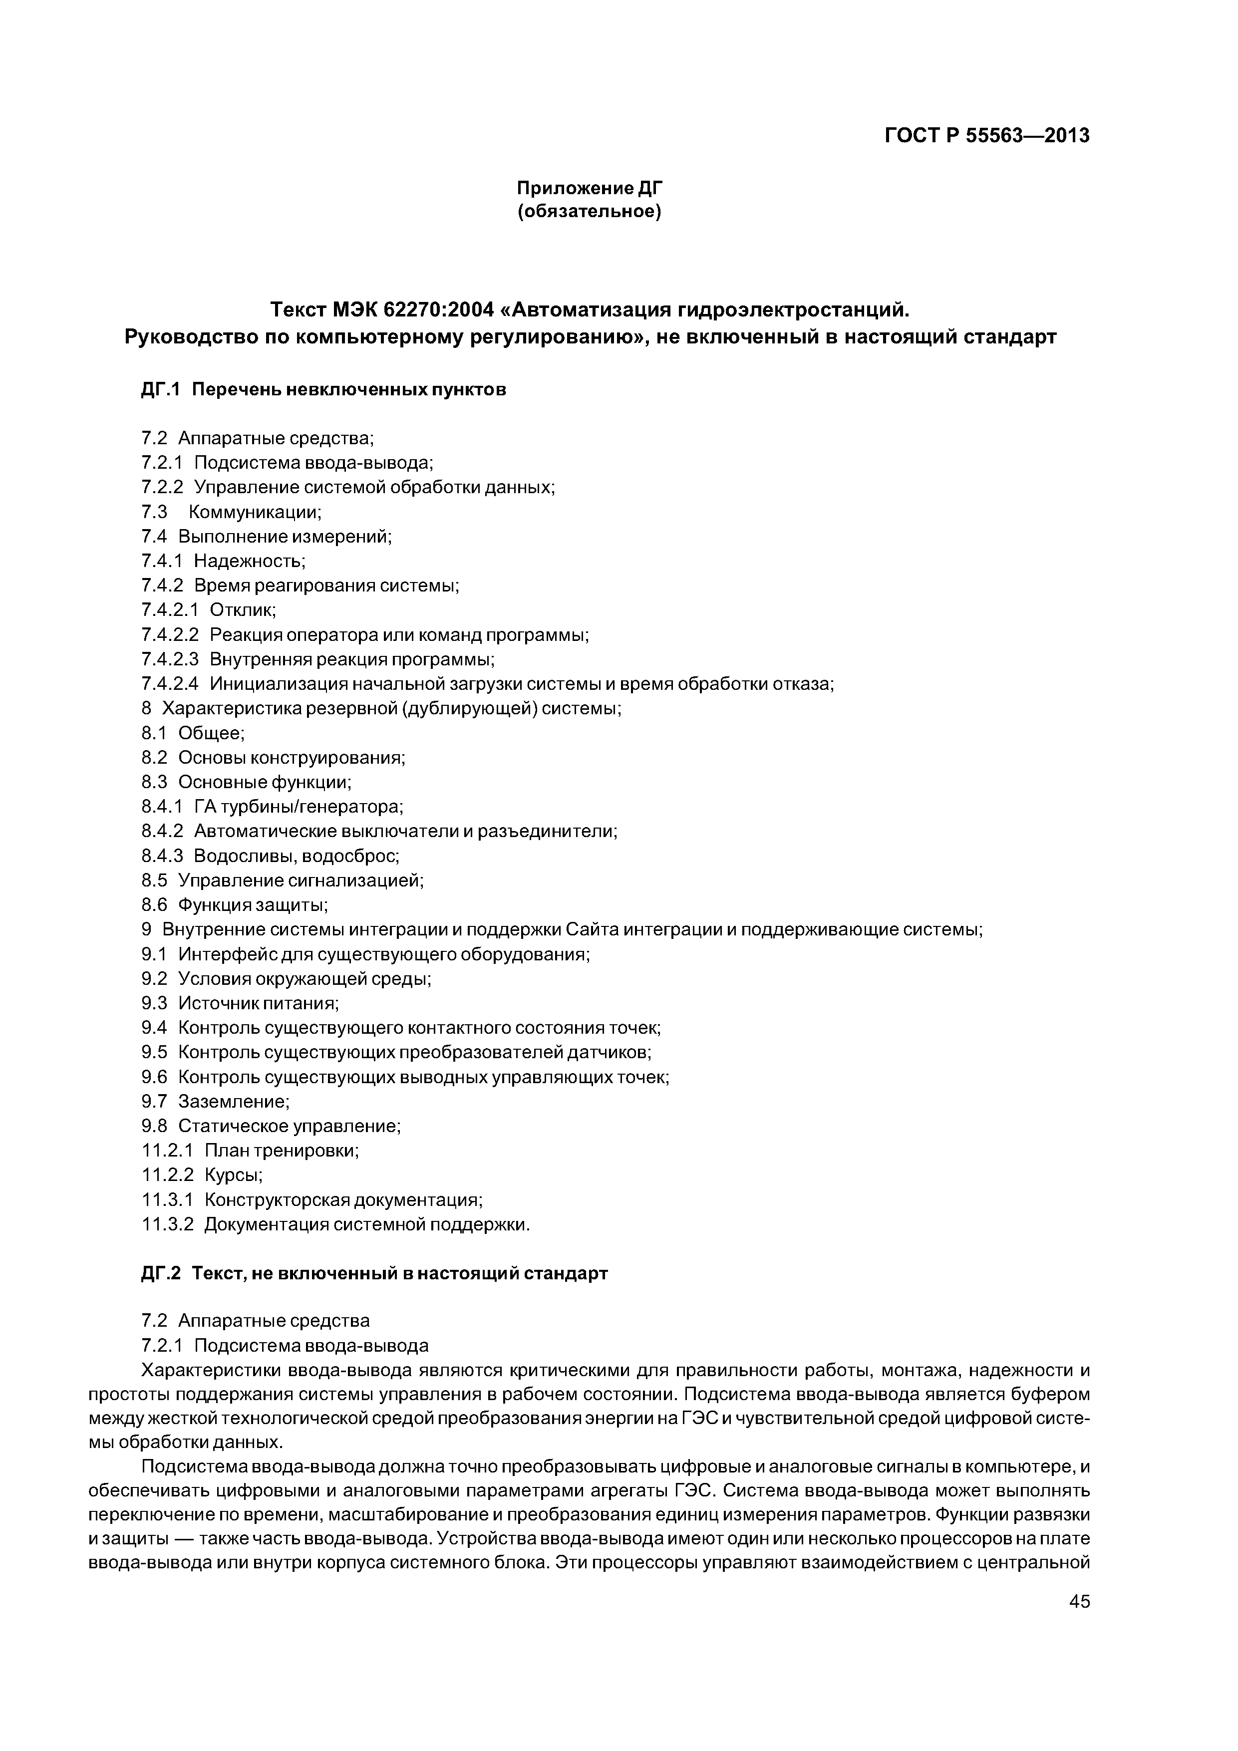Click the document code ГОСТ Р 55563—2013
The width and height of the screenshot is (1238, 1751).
pos(986,136)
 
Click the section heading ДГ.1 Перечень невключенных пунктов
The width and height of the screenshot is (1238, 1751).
pos(323,390)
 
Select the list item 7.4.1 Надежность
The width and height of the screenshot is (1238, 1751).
pos(223,562)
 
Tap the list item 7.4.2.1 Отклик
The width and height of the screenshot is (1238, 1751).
pos(208,610)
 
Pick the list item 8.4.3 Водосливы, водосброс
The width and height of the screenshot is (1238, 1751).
pos(270,856)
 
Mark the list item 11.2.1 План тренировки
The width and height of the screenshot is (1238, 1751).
pos(250,1150)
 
